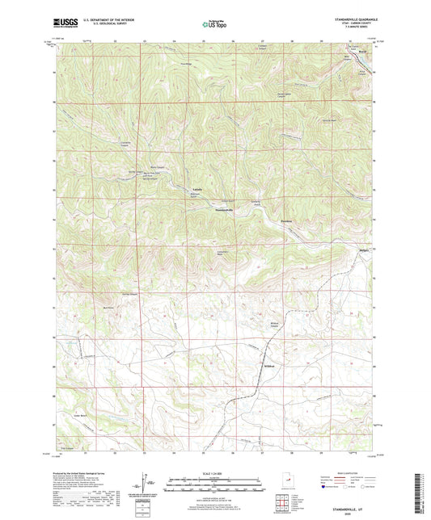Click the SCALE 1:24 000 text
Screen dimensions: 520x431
click(215, 473)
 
